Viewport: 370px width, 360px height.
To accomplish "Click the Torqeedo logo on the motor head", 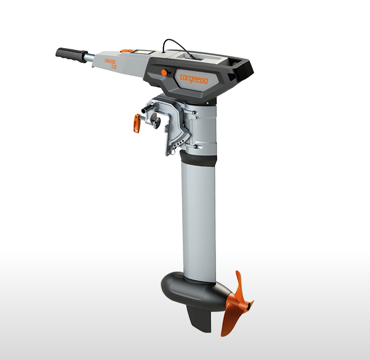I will coord(193,79).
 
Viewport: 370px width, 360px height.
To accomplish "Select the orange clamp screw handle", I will coord(136,124).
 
